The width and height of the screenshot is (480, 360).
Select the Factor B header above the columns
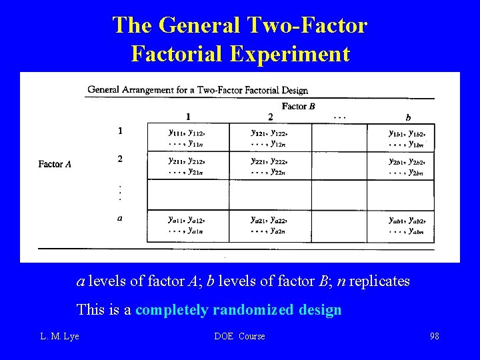pyautogui.click(x=298, y=106)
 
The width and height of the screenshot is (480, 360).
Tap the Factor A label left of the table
pyautogui.click(x=55, y=164)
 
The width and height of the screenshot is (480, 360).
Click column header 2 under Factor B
pyautogui.click(x=270, y=117)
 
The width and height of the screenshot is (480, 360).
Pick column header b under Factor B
pyautogui.click(x=408, y=117)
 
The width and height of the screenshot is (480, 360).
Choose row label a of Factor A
pyautogui.click(x=120, y=217)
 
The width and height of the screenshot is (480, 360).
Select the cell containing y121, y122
pyautogui.click(x=270, y=137)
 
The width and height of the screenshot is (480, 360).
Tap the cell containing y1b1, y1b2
pyautogui.click(x=407, y=137)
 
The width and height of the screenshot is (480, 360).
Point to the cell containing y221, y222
pyautogui.click(x=270, y=166)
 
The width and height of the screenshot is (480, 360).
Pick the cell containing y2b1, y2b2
pyautogui.click(x=407, y=166)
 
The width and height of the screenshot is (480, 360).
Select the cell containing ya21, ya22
pyautogui.click(x=270, y=225)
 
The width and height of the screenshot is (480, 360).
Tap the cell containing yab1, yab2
pyautogui.click(x=407, y=225)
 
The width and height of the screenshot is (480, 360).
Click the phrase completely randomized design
pyautogui.click(x=239, y=310)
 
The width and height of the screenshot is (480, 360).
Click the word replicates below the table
pyautogui.click(x=378, y=281)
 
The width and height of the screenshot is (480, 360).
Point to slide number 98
pyautogui.click(x=434, y=336)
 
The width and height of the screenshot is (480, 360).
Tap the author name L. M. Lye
pyautogui.click(x=59, y=336)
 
